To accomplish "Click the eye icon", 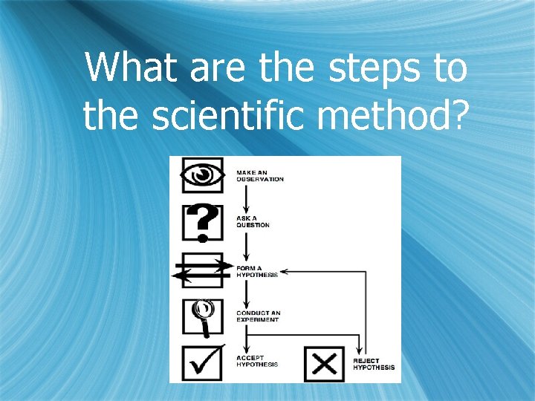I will (x=202, y=175).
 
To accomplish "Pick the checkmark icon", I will (x=202, y=363).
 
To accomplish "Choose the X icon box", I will (x=324, y=364).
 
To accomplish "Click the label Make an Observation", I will (x=259, y=176).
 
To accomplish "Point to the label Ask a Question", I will (x=253, y=222).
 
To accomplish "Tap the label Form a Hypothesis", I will (x=257, y=271).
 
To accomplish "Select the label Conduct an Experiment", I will (x=258, y=316).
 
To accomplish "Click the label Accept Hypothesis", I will (x=257, y=362).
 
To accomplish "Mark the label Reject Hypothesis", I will (x=374, y=365).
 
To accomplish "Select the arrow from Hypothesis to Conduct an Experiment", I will (x=243, y=293).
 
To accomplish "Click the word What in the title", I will (x=131, y=68).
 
